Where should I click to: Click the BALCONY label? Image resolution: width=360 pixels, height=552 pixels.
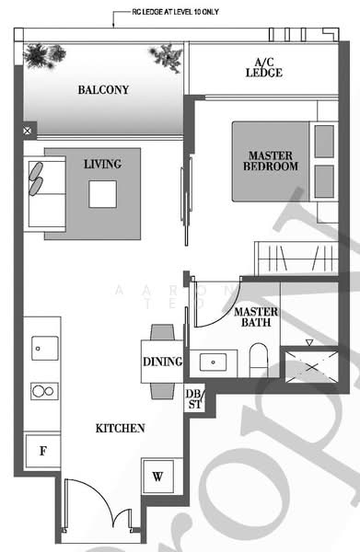click(103, 90)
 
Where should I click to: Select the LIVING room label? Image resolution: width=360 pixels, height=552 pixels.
click(102, 164)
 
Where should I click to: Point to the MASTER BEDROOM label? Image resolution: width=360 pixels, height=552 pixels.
click(271, 161)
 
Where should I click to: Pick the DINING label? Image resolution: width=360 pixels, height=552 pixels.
click(162, 362)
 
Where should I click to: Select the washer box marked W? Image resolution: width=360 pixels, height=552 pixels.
click(157, 477)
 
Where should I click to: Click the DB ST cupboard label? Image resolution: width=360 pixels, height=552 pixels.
click(195, 398)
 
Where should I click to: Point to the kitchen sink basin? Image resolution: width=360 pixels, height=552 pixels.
click(44, 347)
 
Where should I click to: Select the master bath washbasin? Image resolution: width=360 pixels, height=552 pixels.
click(216, 360)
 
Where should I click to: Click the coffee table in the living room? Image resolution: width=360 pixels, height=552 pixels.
click(102, 194)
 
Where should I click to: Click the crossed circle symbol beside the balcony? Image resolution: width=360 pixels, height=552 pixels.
click(28, 132)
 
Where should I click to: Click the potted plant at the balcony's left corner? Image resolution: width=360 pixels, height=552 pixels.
click(38, 57)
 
